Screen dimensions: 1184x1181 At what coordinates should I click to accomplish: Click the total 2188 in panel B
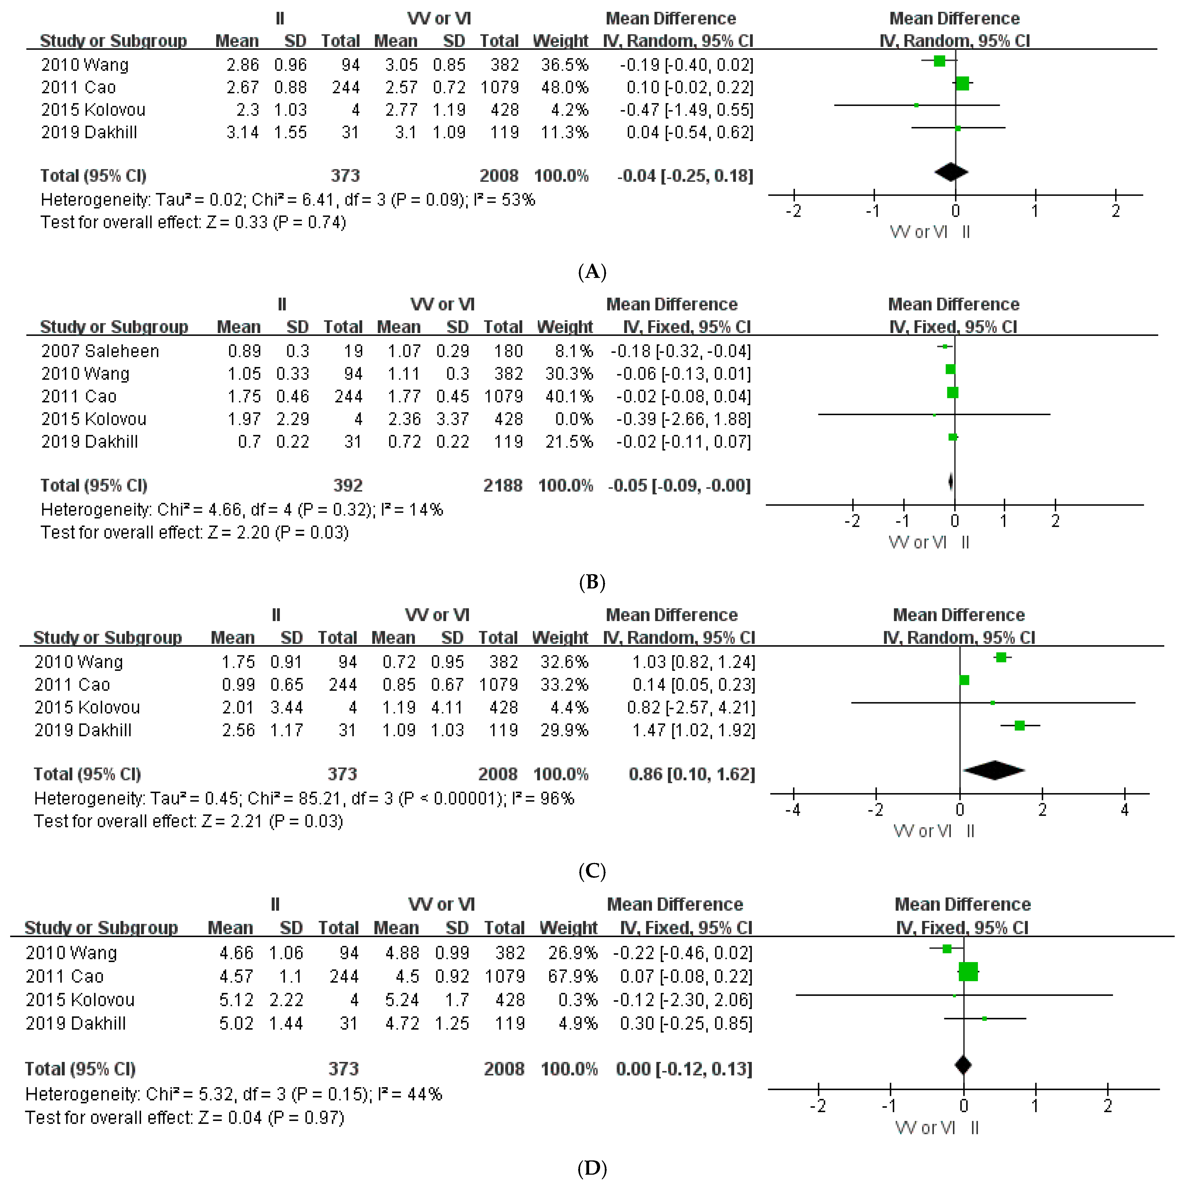tap(502, 486)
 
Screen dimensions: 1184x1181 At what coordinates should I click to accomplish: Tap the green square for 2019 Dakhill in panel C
tap(1019, 726)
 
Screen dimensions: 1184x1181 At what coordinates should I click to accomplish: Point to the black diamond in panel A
tap(951, 172)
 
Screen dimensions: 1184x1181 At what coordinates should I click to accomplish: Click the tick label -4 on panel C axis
tap(793, 810)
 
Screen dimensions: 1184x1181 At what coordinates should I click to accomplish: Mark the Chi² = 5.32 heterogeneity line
tap(233, 1095)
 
